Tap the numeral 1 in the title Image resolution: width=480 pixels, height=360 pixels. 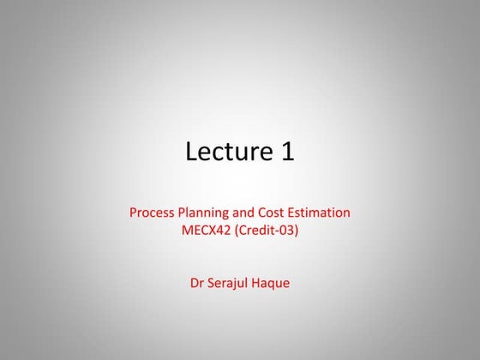pos(286,152)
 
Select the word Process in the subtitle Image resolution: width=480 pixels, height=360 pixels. pos(153,212)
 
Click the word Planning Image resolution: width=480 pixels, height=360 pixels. pos(209,213)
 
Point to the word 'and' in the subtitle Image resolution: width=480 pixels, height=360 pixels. pos(252,212)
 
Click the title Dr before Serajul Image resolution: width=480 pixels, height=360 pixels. pos(197,282)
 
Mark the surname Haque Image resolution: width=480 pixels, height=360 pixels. pos(273,282)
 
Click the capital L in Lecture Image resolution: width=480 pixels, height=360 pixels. pos(191,152)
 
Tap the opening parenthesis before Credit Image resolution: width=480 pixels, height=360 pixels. pos(239,230)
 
